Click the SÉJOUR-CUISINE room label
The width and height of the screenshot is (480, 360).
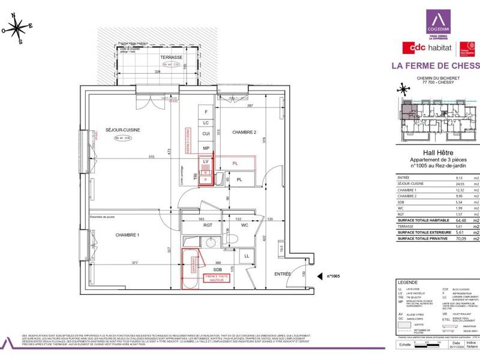coord(123,130)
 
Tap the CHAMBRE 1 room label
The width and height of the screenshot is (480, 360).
coord(127,235)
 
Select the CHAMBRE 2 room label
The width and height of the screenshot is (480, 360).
coord(244,132)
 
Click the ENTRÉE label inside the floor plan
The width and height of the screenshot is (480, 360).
coord(282,274)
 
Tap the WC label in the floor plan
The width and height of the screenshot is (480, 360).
coord(245,226)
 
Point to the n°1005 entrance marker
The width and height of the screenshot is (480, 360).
coord(333,277)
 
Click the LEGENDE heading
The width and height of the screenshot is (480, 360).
coord(408,283)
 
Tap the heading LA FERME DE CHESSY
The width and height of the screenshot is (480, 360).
coord(435,65)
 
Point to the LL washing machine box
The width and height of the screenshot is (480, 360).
coord(247,257)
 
